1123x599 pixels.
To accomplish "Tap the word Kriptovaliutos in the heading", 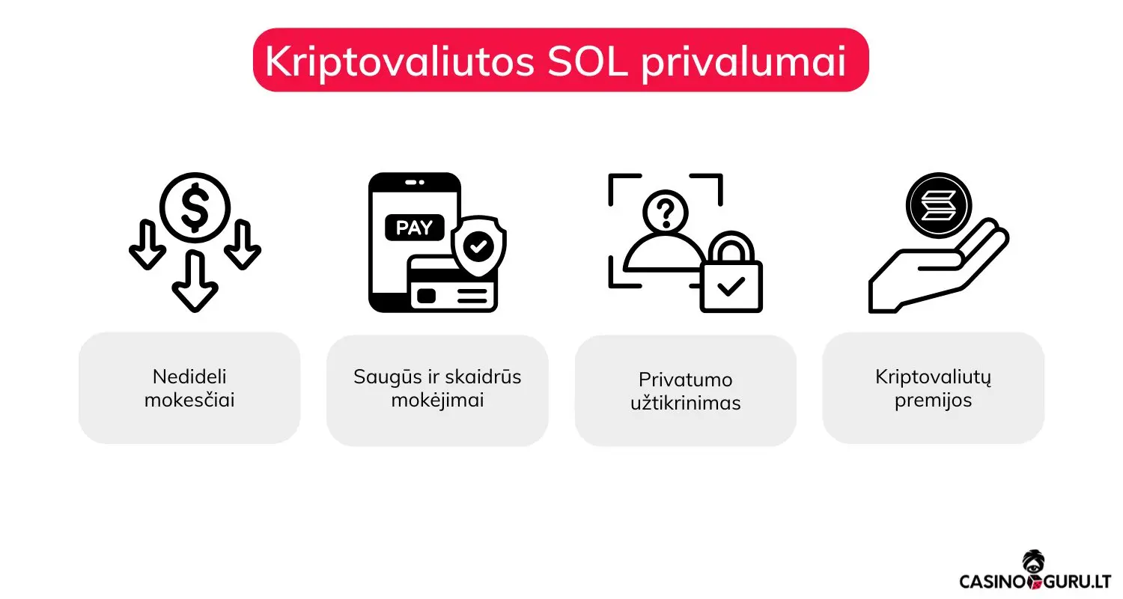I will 399,62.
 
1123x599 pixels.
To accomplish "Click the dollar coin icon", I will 195,205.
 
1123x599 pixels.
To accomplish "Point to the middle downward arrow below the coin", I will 195,282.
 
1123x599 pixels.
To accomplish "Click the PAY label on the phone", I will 414,228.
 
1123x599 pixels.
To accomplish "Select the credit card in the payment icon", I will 452,285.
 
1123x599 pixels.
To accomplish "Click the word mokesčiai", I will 189,400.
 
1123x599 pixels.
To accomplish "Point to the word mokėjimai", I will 437,400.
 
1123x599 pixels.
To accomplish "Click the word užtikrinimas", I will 685,403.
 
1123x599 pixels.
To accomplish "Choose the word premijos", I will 933,400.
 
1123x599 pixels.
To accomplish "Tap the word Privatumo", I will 685,379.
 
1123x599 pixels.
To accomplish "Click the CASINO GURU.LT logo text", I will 1035,581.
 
